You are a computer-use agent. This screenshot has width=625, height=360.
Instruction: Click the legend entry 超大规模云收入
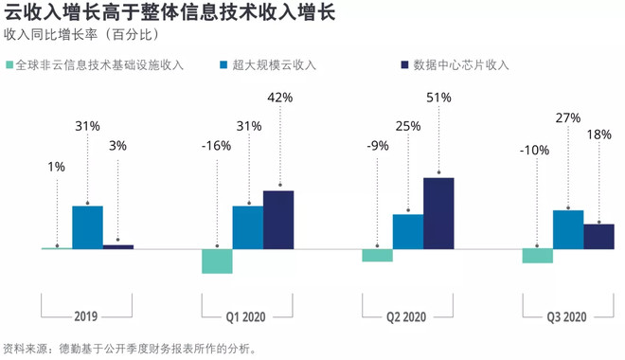(274, 65)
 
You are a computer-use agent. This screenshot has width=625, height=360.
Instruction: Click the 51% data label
(438, 98)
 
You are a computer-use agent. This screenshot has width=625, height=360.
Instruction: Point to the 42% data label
(278, 98)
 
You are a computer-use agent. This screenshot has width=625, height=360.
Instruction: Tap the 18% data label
(598, 135)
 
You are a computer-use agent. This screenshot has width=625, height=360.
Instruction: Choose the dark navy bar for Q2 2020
(438, 213)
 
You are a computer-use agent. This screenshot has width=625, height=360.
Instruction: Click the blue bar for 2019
(87, 227)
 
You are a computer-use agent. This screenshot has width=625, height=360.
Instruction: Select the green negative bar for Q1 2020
(217, 261)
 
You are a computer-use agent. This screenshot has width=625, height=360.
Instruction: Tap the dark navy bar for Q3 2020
(598, 237)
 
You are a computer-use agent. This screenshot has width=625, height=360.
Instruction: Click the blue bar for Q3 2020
(567, 229)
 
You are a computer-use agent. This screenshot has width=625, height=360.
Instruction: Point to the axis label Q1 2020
(248, 316)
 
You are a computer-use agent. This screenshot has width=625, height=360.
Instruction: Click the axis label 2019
(87, 316)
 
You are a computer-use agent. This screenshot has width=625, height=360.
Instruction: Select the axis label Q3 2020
(567, 316)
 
